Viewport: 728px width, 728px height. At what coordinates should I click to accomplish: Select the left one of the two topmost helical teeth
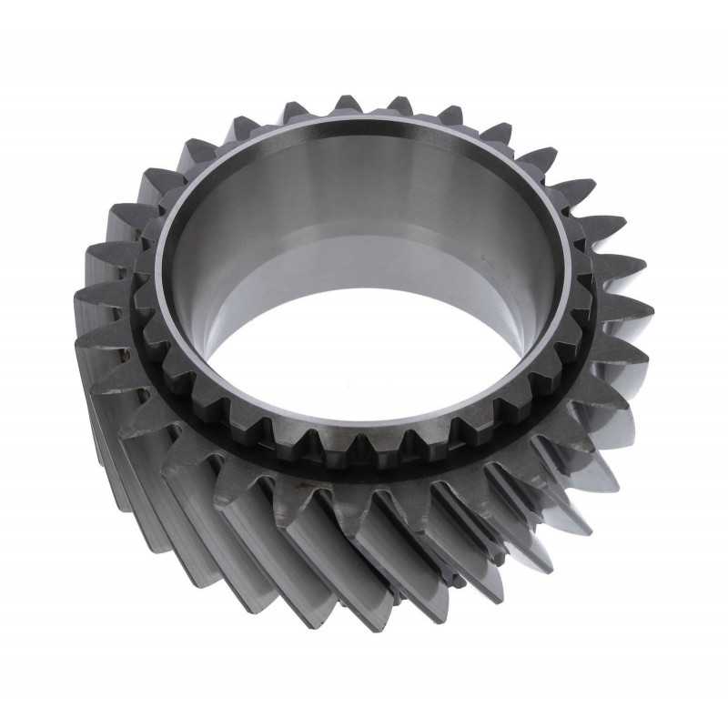(348, 103)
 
